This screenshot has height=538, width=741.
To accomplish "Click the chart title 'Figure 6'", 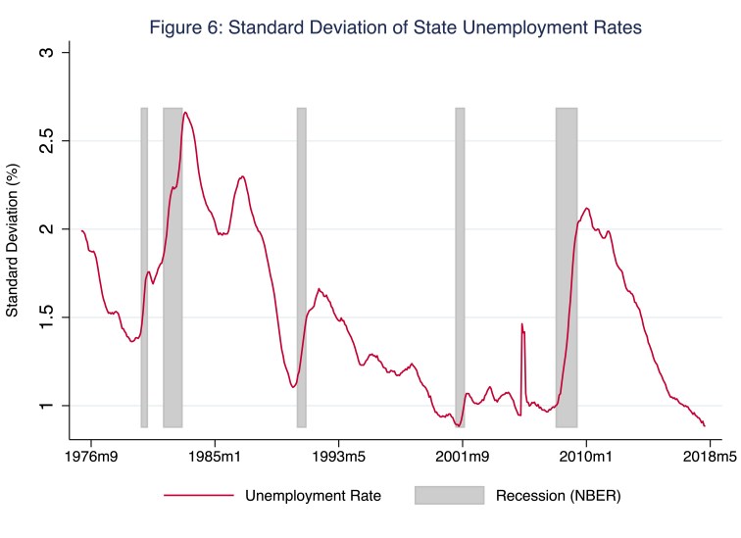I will pyautogui.click(x=395, y=28).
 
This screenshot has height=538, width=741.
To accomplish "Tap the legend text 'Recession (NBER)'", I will pyautogui.click(x=559, y=496).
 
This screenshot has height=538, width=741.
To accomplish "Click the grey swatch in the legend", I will pyautogui.click(x=449, y=496).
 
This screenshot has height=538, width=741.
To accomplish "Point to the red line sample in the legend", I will pyautogui.click(x=199, y=496).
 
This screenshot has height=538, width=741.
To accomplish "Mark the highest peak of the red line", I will pyautogui.click(x=185, y=113).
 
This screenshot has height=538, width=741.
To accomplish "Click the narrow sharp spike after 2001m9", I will pyautogui.click(x=521, y=324).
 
